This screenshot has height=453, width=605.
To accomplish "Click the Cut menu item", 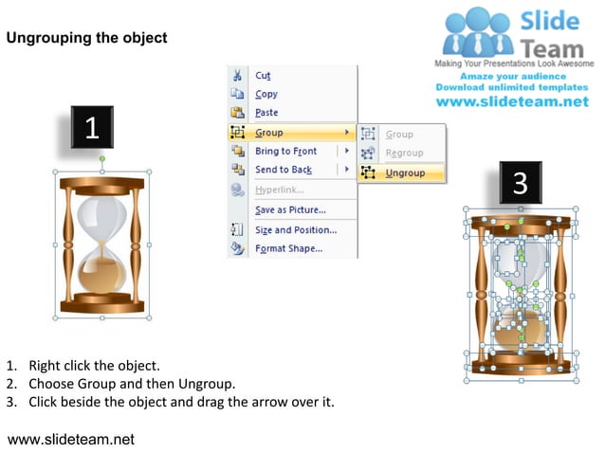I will [263, 75].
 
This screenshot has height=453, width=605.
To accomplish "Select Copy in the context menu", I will [266, 94].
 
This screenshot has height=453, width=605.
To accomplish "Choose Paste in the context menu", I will [266, 113].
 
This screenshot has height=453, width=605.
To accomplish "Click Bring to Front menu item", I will [285, 151].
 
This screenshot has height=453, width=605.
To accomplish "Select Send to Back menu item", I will [283, 170].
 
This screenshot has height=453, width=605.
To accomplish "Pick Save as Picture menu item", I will [289, 209].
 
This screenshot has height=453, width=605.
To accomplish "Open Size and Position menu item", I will [295, 229].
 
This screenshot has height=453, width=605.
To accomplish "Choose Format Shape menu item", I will [288, 249].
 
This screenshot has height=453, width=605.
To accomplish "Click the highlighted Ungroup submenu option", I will [405, 172].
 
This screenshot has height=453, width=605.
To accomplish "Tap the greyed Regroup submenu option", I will [404, 153].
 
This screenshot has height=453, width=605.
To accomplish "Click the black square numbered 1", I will [92, 129].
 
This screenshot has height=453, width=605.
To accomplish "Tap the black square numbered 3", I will [520, 183].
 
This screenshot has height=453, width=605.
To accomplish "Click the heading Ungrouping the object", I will [86, 38].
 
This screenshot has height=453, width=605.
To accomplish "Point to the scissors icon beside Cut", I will [238, 75].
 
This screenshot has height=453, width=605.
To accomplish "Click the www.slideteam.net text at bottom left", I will [71, 439].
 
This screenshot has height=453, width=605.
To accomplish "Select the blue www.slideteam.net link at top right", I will [512, 101].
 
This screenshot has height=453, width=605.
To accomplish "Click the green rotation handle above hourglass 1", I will [102, 159].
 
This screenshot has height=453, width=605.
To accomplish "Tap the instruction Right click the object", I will [94, 365].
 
